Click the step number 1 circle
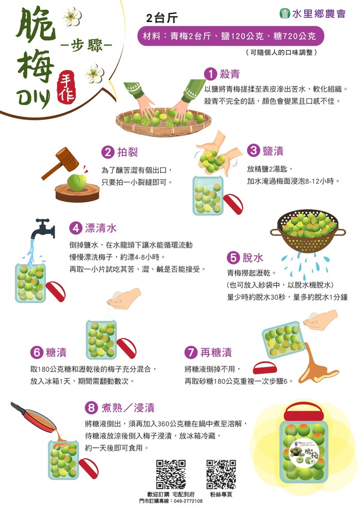click(x=210, y=74)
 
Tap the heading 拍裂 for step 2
click(x=128, y=152)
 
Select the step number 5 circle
click(x=233, y=258)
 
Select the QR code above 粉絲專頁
click(x=221, y=474)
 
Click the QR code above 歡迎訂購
click(x=171, y=474)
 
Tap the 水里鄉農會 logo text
click(x=319, y=13)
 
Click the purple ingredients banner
click(x=230, y=36)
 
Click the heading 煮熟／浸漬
click(x=128, y=408)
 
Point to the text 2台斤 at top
click(x=162, y=18)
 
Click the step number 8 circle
click(x=91, y=408)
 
